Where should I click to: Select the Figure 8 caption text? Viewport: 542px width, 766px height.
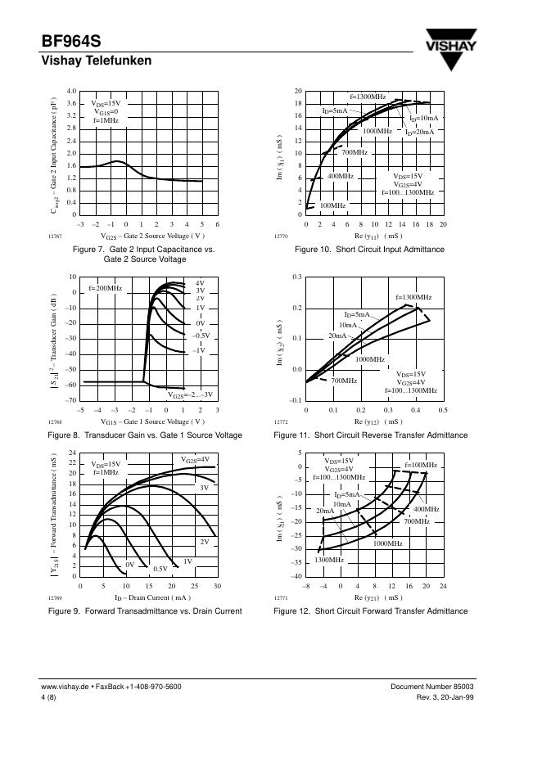click(145, 435)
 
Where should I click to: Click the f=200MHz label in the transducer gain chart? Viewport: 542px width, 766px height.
click(105, 288)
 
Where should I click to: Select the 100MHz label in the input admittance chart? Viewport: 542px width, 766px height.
click(332, 205)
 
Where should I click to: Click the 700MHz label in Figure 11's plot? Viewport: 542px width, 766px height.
click(344, 381)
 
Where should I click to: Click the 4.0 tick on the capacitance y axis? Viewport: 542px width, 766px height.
click(71, 91)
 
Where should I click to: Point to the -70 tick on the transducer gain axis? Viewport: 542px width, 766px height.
click(71, 400)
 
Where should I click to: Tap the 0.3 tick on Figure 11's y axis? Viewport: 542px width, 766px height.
click(297, 277)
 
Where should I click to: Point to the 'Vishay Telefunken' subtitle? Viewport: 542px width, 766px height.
click(96, 61)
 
